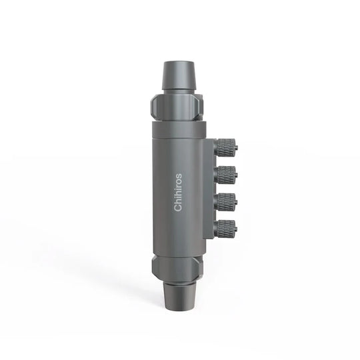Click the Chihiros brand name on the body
click(178, 193)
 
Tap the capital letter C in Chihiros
click(178, 208)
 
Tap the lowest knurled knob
click(226, 228)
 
